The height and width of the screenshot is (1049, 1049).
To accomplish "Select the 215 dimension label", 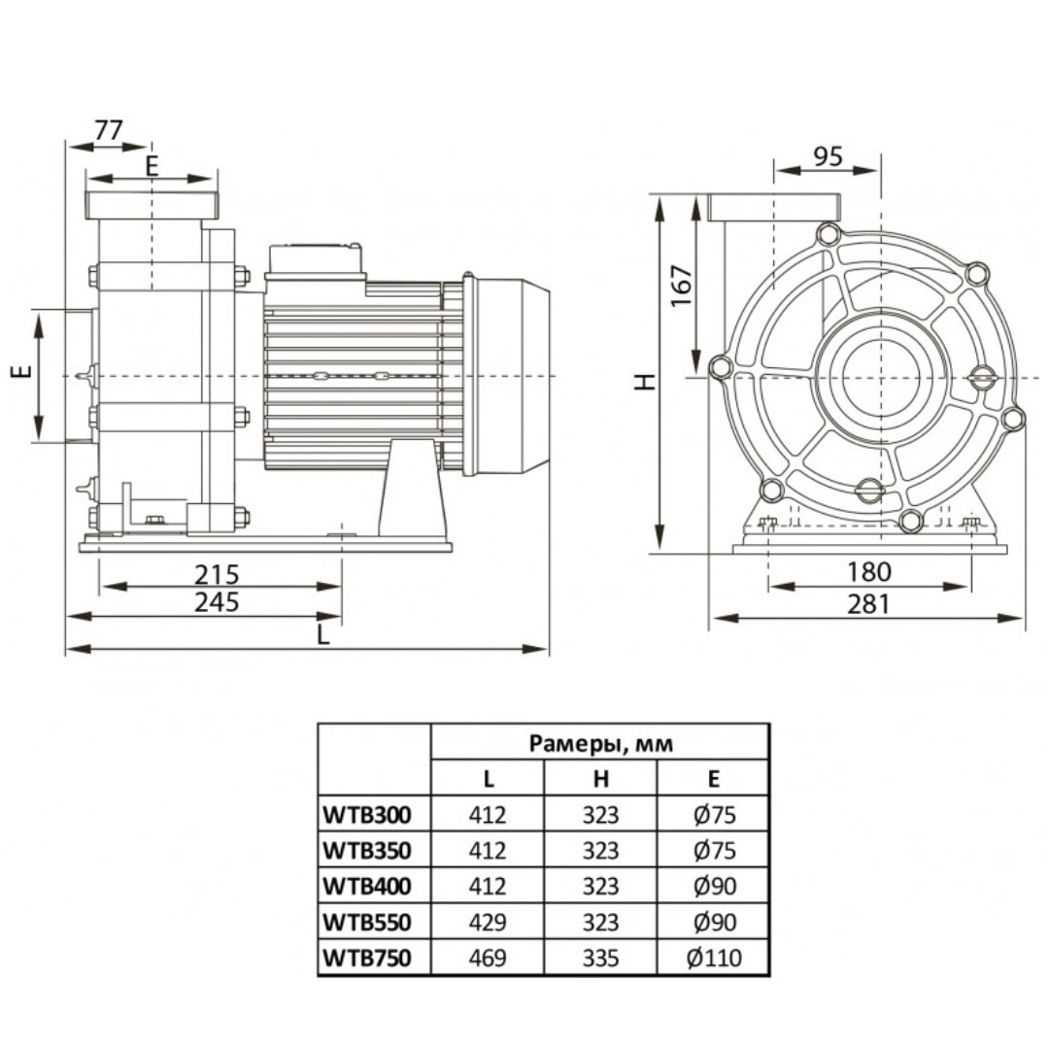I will (x=217, y=574).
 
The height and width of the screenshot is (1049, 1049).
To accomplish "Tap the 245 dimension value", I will (x=217, y=602).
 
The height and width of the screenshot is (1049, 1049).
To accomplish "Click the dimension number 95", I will (x=828, y=157).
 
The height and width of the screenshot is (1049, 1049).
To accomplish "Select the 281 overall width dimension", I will (x=868, y=603).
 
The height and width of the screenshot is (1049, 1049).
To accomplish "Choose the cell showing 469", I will (x=487, y=959).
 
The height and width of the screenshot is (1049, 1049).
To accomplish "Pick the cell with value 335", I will (x=601, y=959).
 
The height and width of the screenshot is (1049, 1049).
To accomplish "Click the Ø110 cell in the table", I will (x=714, y=959).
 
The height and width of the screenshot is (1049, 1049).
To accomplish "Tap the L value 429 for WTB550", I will (x=487, y=923).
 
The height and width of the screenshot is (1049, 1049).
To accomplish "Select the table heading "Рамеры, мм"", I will (x=600, y=744).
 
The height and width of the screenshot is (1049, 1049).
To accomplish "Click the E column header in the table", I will (x=714, y=778).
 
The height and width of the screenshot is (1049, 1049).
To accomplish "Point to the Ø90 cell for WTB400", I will (x=714, y=886).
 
